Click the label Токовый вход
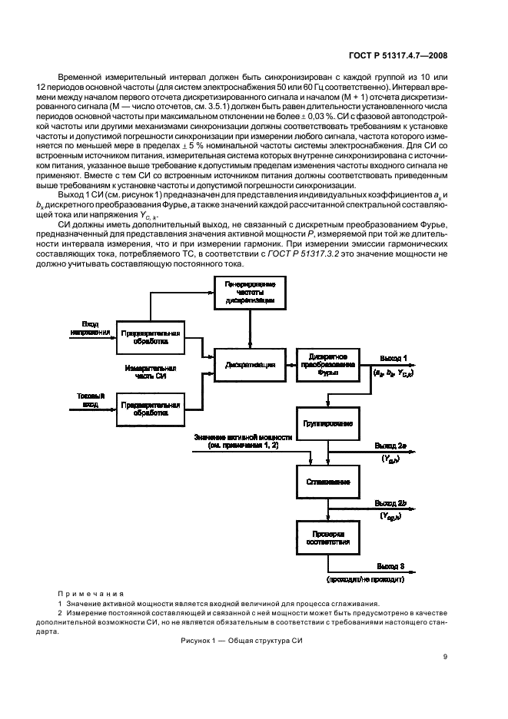tap(86, 399)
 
